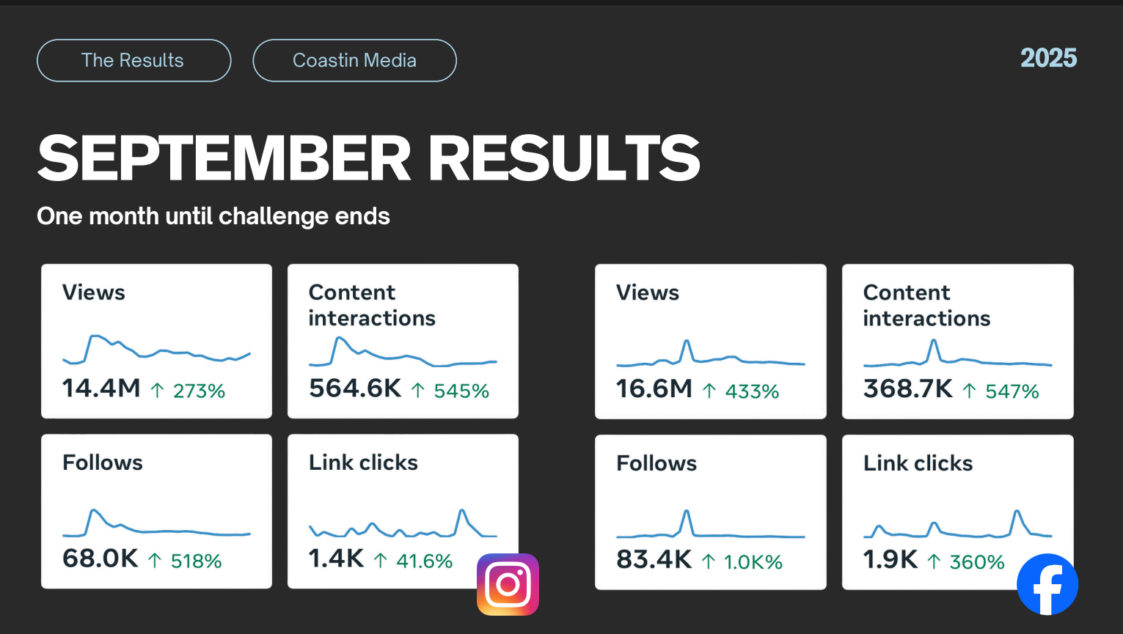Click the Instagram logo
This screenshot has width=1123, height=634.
pos(508,584)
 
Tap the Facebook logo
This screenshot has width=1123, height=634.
pos(1047,584)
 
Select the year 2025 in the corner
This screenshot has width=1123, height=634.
pos(1048,59)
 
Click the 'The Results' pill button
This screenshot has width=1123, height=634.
pos(133,60)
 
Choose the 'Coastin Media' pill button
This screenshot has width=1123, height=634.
pos(354,60)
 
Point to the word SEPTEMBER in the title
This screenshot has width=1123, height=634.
pos(224,158)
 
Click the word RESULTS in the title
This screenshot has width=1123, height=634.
pos(564,158)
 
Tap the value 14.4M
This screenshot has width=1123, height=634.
pos(101,388)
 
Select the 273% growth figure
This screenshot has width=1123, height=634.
pos(199,391)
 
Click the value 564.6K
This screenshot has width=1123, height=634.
pos(355,388)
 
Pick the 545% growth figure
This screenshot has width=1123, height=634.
pos(461,391)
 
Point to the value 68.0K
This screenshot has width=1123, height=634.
pos(100,559)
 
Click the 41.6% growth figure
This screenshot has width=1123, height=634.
pos(424,561)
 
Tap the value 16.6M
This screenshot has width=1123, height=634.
pos(654,389)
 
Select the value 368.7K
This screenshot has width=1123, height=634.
pos(908,389)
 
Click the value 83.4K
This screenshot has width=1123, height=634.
pos(654,560)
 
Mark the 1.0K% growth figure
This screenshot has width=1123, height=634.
pos(753,562)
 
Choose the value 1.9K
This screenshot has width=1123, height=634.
pos(890,560)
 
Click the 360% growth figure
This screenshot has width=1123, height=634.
pos(977,562)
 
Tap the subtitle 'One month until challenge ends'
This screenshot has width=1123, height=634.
pos(213,216)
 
